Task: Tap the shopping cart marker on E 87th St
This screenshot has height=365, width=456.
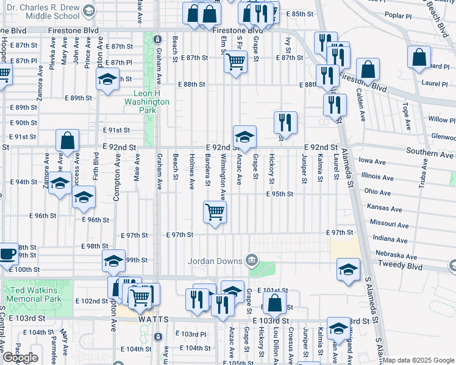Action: point(235,61)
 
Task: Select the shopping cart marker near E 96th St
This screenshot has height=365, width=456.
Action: point(215,212)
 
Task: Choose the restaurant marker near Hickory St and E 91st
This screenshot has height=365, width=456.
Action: point(285,122)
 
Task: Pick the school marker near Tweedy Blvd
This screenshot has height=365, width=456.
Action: point(348,269)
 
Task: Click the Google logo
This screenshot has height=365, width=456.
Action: point(20,358)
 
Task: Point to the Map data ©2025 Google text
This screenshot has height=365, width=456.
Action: point(418,360)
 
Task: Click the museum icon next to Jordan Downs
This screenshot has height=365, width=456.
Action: point(251,261)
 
